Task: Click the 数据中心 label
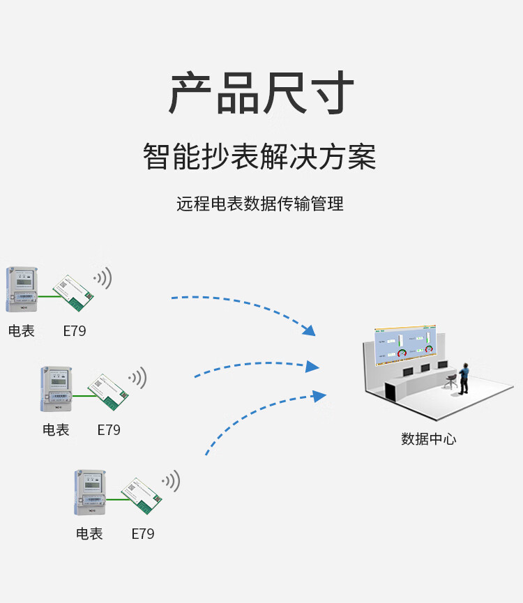click(x=428, y=439)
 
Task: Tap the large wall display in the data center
click(x=404, y=344)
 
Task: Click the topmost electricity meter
click(x=22, y=289)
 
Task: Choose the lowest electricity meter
click(x=90, y=492)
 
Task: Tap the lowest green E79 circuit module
click(x=142, y=496)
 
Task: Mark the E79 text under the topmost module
click(x=75, y=331)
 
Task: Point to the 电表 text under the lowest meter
click(x=89, y=534)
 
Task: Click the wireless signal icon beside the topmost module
click(x=103, y=278)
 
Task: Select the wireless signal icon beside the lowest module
click(x=172, y=480)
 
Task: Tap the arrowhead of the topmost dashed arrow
click(x=310, y=330)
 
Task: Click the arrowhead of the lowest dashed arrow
click(x=319, y=396)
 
